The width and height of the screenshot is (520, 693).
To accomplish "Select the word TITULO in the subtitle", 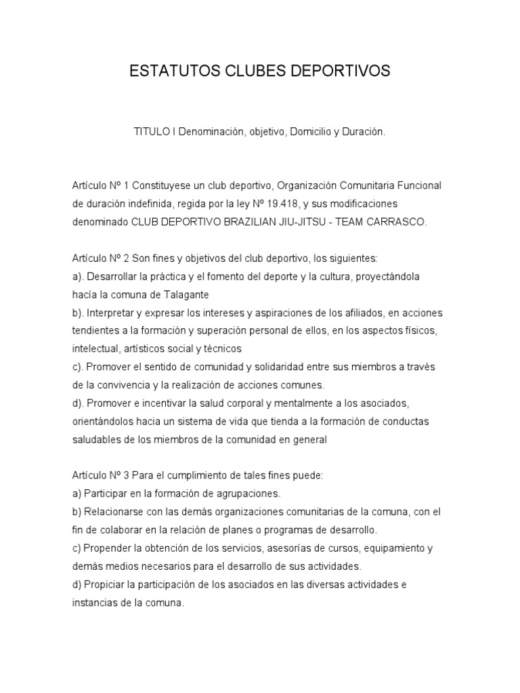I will click(x=154, y=133).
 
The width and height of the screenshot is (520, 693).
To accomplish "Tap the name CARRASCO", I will click(x=399, y=221).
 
